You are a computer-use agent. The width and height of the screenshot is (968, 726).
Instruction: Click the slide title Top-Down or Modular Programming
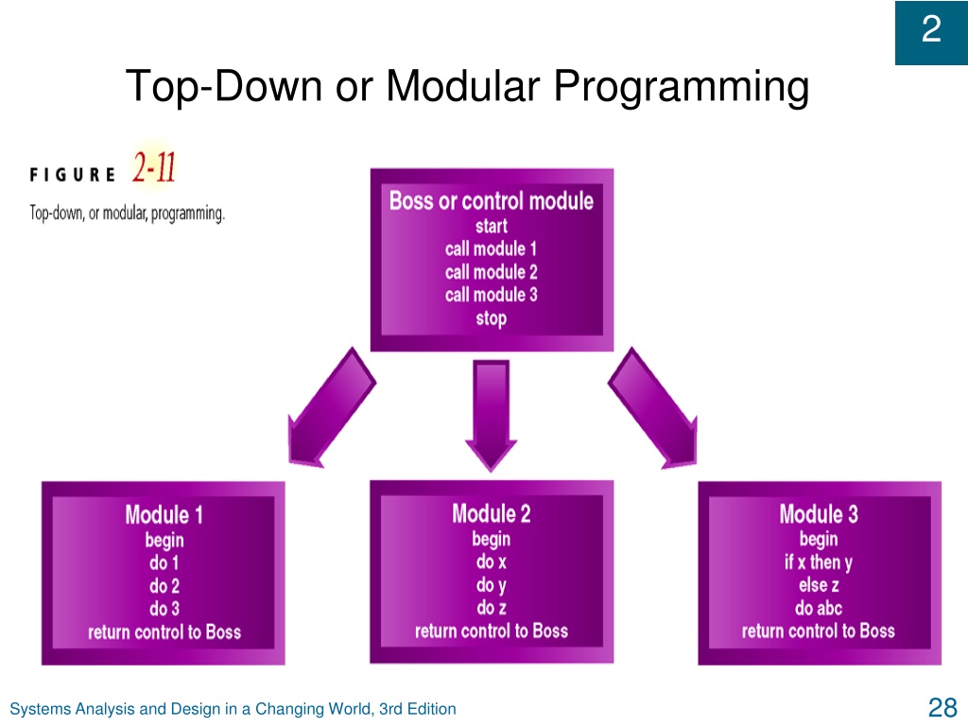click(467, 86)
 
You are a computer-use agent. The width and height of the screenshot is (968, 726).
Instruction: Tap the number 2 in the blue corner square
click(931, 29)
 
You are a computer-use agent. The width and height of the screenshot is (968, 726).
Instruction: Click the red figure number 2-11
click(154, 167)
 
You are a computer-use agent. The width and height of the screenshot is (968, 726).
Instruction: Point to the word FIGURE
click(72, 175)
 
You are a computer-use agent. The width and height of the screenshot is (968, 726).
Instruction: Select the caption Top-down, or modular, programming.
click(128, 213)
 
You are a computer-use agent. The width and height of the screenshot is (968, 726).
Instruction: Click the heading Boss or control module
click(492, 200)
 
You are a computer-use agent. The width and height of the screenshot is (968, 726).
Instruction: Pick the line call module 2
click(492, 271)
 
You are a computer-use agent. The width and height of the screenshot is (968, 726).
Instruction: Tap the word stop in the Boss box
click(492, 319)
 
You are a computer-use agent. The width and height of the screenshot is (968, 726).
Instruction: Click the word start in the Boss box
click(492, 226)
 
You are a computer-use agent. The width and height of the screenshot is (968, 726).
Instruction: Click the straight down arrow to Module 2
click(492, 415)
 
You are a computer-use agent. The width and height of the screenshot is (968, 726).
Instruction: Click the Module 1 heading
click(164, 515)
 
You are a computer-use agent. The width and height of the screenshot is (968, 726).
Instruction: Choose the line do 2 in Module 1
click(164, 586)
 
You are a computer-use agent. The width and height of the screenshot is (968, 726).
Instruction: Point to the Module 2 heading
click(492, 513)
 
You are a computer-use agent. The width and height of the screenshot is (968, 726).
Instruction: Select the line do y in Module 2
click(492, 584)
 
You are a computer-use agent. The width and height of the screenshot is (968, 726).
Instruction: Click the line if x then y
click(819, 562)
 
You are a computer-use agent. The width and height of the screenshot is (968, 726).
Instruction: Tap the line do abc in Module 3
click(819, 608)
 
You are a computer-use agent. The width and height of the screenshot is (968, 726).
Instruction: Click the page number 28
click(942, 707)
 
